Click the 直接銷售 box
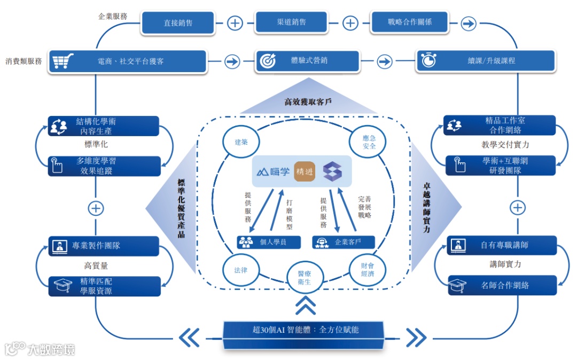click(x=178, y=23)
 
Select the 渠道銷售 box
click(x=291, y=22)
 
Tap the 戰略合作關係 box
click(x=409, y=22)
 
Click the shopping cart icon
click(x=60, y=61)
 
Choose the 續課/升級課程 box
click(x=466, y=61)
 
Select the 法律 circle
click(x=240, y=270)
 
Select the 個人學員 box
click(x=269, y=242)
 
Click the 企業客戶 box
click(x=343, y=242)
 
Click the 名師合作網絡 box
click(x=502, y=286)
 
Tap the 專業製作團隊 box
click(x=104, y=246)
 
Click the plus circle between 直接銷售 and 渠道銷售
click(x=235, y=23)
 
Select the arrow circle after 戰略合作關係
click(x=468, y=23)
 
